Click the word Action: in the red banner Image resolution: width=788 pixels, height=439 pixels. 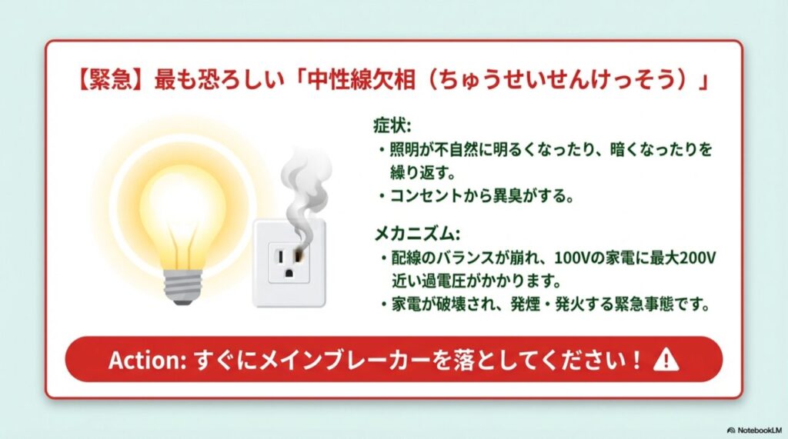[x=144, y=360]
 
